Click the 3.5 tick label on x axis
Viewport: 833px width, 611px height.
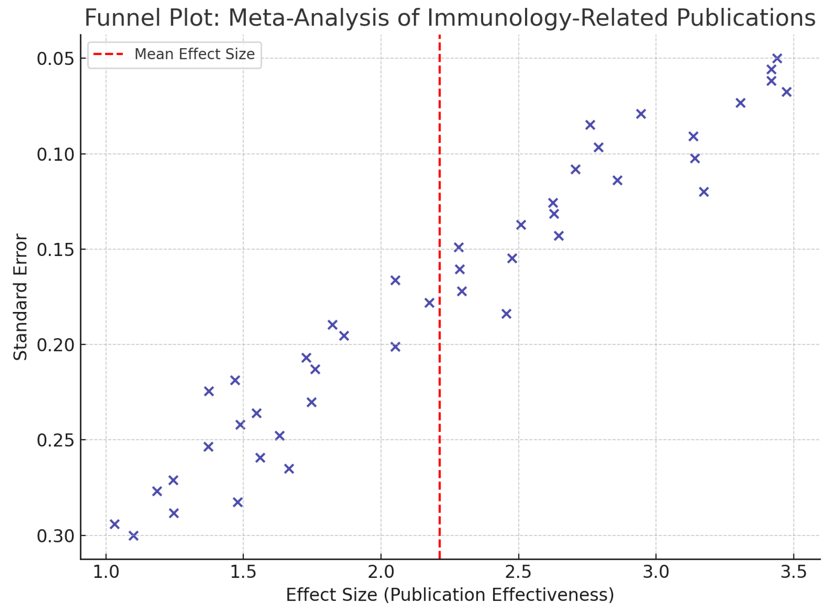(793, 572)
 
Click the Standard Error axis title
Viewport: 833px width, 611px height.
(20, 297)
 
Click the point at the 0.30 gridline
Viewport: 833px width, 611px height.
(133, 535)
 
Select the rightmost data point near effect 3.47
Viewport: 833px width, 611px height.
(787, 92)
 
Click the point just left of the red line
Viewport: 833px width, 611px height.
(429, 303)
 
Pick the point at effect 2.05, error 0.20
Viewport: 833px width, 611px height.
(395, 347)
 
